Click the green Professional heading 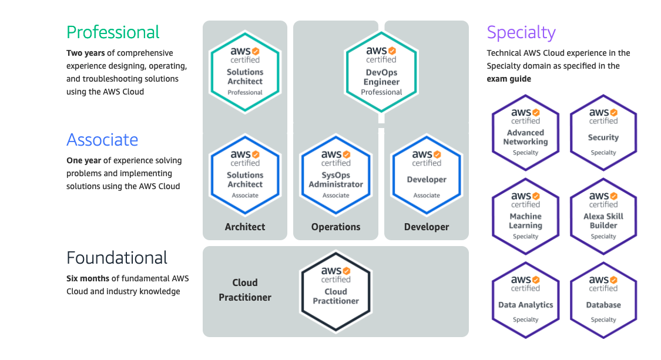(113, 32)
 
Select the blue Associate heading (102, 140)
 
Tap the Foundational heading (117, 258)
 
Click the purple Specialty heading (521, 32)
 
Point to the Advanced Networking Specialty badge (525, 132)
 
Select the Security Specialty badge (603, 132)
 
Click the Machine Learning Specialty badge (525, 216)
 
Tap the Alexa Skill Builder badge (603, 216)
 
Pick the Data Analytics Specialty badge (525, 300)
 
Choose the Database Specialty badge (603, 300)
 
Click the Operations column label (335, 227)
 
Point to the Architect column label (245, 227)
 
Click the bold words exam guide (509, 79)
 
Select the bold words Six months (86, 278)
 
